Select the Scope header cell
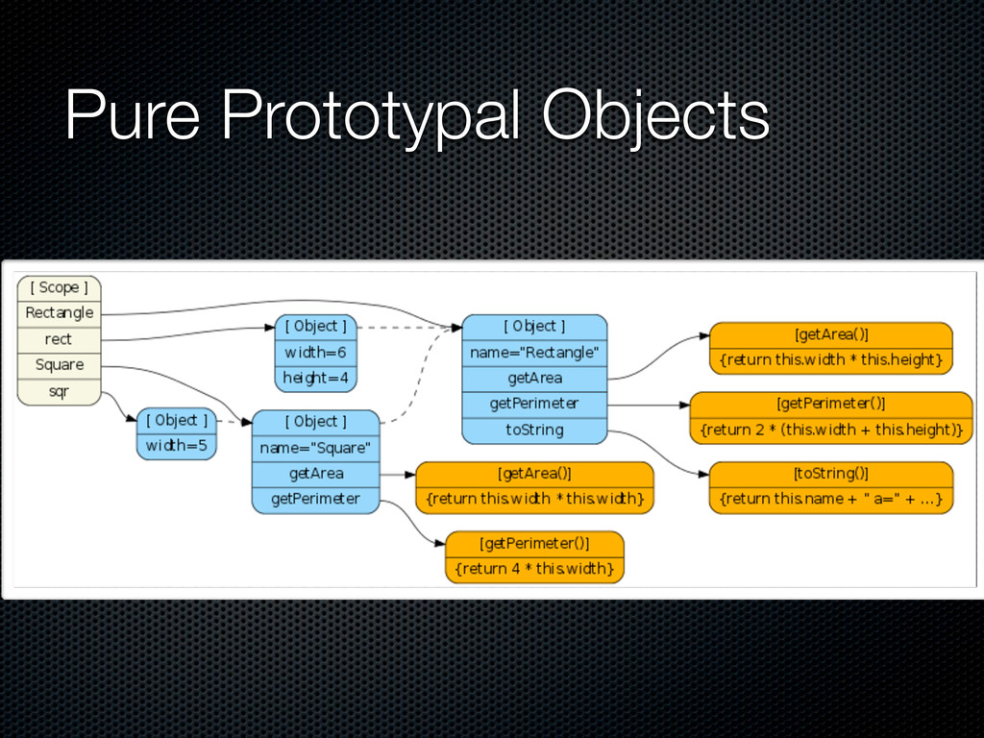tap(59, 287)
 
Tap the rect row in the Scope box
tap(59, 339)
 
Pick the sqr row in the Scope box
tap(59, 391)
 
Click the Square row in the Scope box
tap(59, 365)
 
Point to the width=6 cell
tap(315, 353)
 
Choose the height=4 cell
tap(315, 379)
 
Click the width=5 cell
tap(177, 446)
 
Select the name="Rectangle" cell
tap(534, 353)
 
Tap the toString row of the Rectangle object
tap(534, 430)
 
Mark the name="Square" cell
tap(315, 448)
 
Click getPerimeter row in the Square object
tap(315, 499)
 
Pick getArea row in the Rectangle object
tap(534, 379)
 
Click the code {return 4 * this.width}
tap(534, 569)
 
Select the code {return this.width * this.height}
tap(831, 360)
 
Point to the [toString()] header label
tap(831, 473)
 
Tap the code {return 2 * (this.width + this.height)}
tap(831, 430)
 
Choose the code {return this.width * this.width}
tap(534, 499)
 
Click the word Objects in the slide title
tap(655, 118)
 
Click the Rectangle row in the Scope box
tap(59, 313)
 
